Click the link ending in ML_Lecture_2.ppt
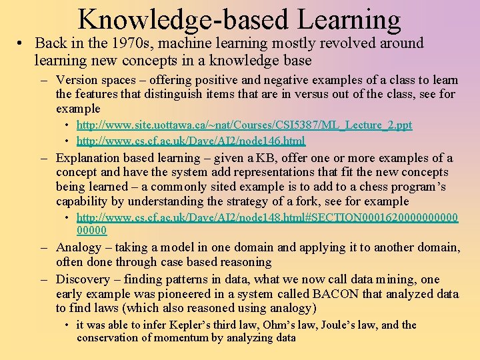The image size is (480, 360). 244,125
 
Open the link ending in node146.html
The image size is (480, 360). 191,141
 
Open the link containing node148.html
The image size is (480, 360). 267,217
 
